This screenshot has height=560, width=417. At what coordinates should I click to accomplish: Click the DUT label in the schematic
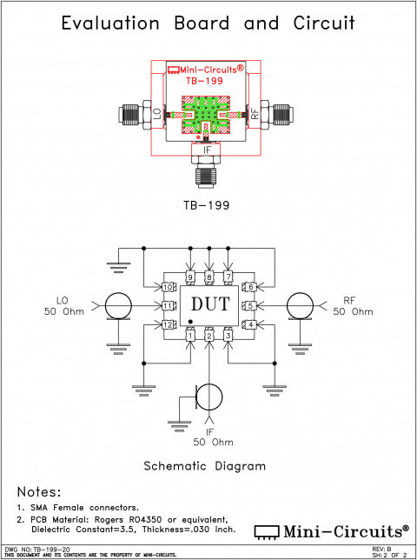[208, 305]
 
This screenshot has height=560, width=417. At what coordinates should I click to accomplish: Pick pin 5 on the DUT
[250, 305]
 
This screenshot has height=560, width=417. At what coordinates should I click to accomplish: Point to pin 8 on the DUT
[209, 277]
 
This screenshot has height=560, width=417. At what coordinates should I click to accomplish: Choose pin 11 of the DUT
[168, 305]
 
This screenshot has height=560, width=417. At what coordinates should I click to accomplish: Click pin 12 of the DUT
[168, 324]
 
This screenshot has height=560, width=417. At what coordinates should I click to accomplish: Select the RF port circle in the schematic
[301, 305]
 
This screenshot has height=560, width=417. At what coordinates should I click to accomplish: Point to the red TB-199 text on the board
[205, 81]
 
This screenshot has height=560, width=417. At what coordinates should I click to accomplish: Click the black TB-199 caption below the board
[208, 206]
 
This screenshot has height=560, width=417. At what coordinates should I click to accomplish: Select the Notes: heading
[39, 491]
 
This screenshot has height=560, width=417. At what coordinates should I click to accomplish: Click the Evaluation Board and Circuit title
[208, 23]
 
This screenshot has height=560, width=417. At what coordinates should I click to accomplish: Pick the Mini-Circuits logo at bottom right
[331, 530]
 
